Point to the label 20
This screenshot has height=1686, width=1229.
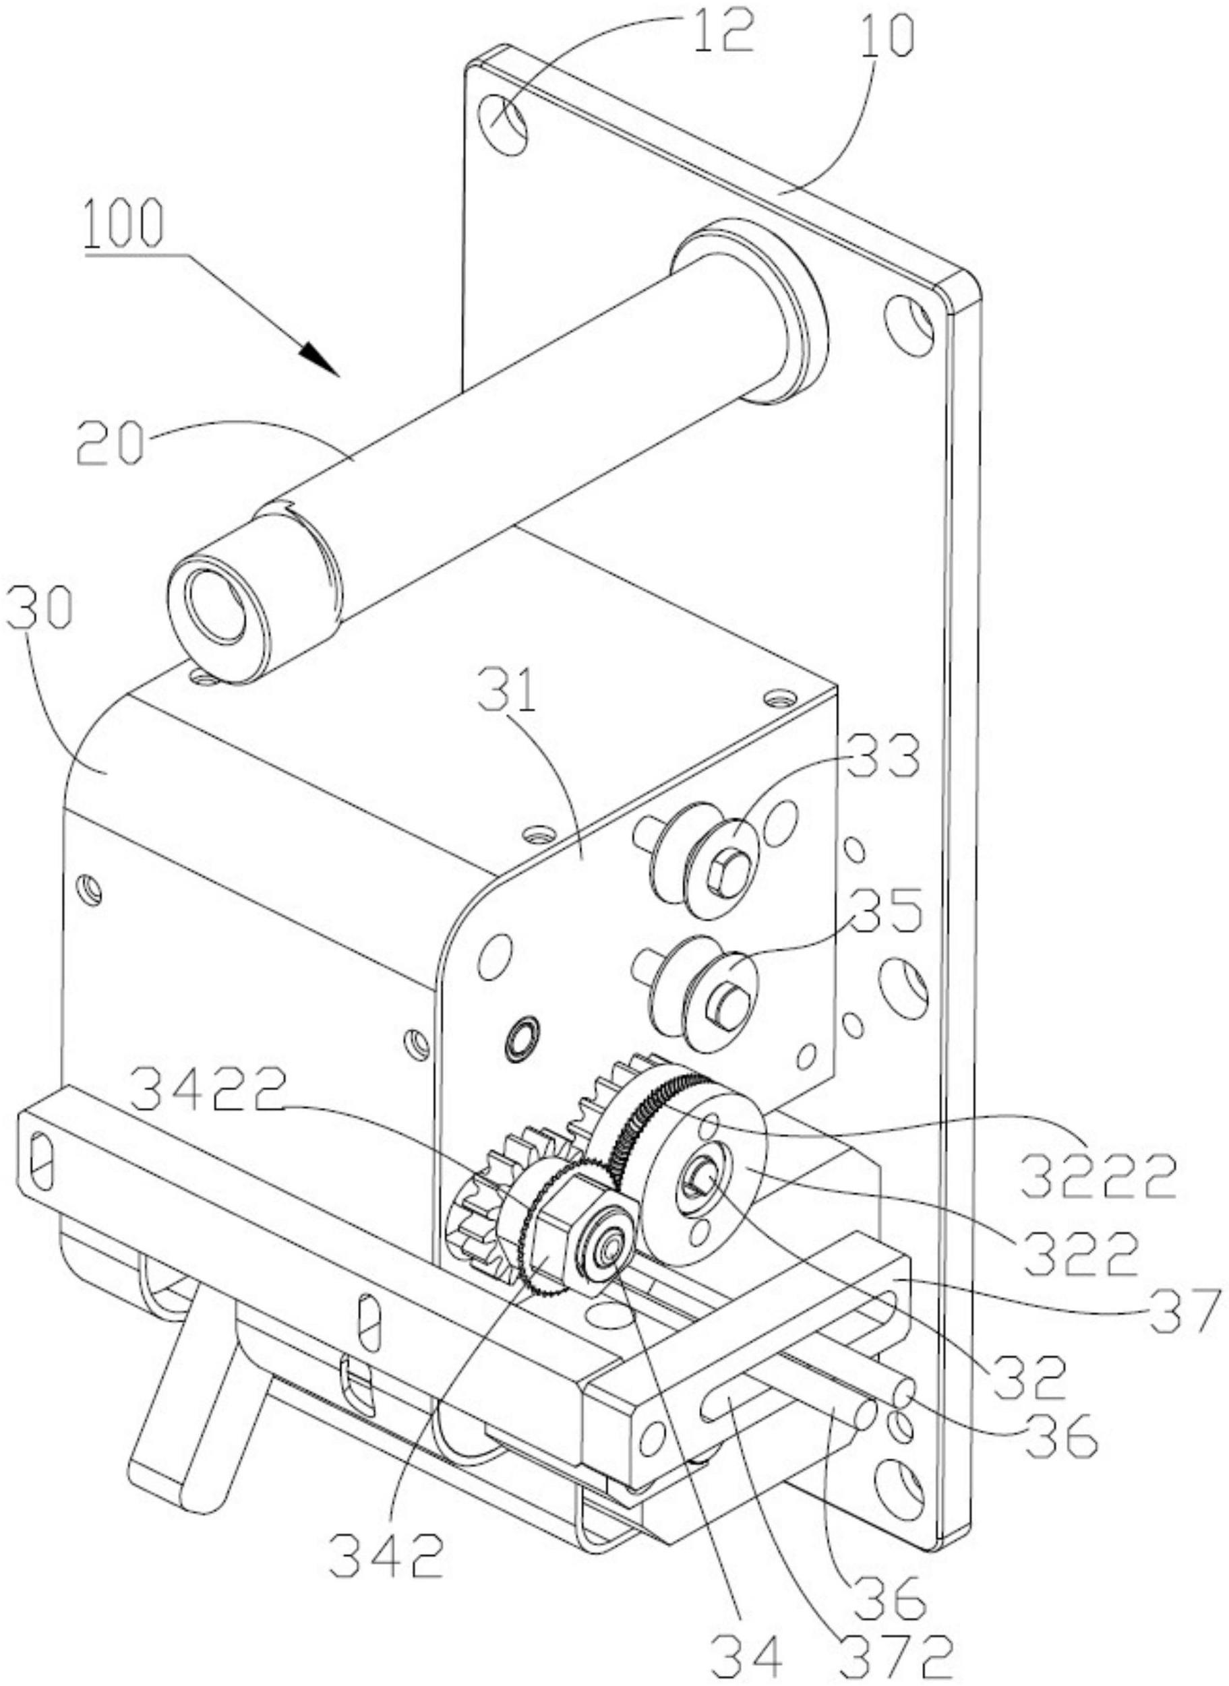(110, 440)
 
